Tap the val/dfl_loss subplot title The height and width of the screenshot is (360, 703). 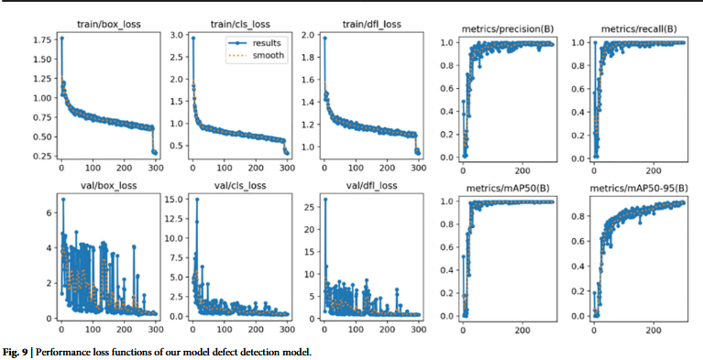370,185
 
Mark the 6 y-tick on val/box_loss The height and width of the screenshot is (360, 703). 49,213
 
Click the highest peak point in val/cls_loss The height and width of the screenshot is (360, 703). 197,199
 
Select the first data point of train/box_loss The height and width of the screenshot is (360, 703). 62,38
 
